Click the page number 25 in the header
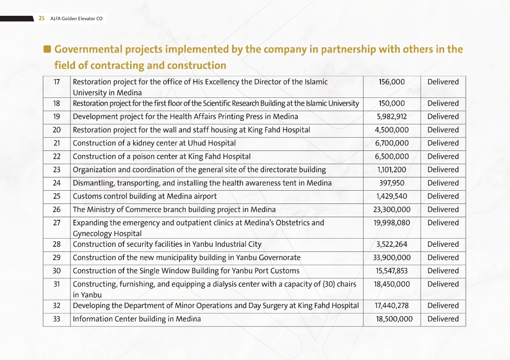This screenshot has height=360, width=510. point(41,19)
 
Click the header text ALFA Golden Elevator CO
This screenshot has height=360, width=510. point(76,19)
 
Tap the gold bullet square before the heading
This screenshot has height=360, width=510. point(47,49)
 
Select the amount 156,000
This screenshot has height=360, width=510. point(392,82)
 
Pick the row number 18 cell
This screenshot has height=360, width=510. point(57,103)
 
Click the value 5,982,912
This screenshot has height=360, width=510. point(392,116)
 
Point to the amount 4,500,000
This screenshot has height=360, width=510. point(392,130)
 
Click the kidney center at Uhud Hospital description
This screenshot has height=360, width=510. point(154,143)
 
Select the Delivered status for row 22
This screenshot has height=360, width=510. point(443,156)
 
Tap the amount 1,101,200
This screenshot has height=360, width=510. point(392,169)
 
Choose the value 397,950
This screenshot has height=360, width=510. point(392,183)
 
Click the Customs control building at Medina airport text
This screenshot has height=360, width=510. point(145,196)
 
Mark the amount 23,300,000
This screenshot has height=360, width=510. point(392,209)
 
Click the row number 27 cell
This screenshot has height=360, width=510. point(57,222)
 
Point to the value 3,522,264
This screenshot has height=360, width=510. point(392,244)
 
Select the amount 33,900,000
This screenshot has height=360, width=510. point(392,258)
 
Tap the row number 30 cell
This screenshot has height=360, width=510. point(57,271)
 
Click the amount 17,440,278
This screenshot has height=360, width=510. point(392,305)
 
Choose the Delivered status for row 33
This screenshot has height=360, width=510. point(443,319)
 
